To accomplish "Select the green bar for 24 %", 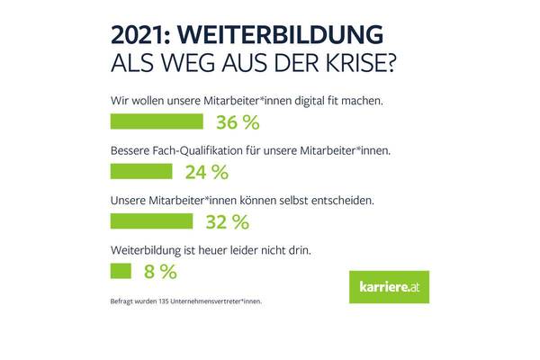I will click(141, 171).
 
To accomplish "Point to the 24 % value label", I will click(207, 171).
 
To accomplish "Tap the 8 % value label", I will click(160, 270).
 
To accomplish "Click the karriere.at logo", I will click(389, 287).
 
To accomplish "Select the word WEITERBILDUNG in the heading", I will click(282, 33).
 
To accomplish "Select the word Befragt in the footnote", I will click(119, 300).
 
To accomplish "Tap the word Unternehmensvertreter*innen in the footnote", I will click(215, 300).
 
